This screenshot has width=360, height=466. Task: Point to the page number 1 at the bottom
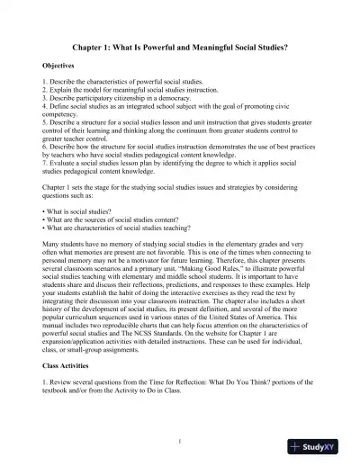180,440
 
